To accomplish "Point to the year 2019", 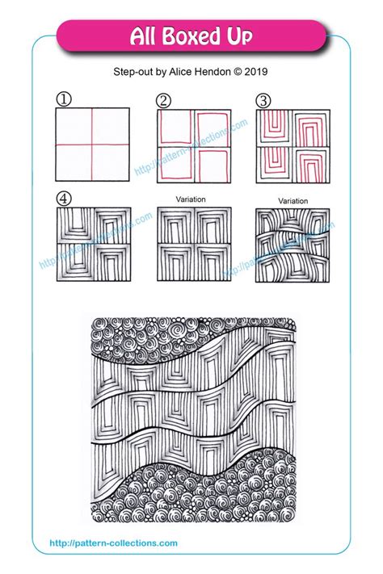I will pos(256,71).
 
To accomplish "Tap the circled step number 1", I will pos(62,100).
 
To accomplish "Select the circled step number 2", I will pos(164,100).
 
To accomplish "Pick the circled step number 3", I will pos(263,100).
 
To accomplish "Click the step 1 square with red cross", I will pos(92,145).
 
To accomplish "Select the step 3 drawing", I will pos(292,145).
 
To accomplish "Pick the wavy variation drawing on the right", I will pos(292,244).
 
